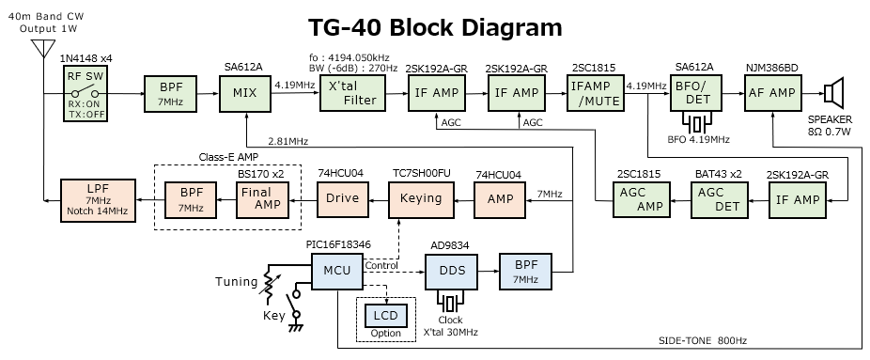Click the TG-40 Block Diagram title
(x=436, y=27)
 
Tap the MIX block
(x=244, y=93)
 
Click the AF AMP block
(x=771, y=93)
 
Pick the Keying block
(x=422, y=200)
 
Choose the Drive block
(x=344, y=200)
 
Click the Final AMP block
(x=262, y=200)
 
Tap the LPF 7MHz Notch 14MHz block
(x=93, y=200)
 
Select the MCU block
(x=338, y=271)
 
